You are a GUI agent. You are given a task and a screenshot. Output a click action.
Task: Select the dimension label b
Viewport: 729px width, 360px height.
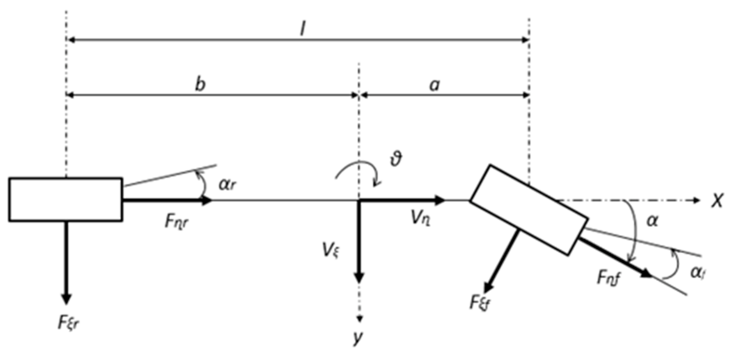pyautogui.click(x=200, y=84)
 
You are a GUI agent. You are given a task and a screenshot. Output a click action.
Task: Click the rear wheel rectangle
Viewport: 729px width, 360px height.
pyautogui.click(x=65, y=199)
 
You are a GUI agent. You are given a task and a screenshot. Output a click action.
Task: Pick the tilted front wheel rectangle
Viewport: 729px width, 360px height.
pyautogui.click(x=528, y=210)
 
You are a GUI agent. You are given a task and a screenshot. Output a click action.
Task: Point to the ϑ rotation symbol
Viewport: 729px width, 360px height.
pyautogui.click(x=396, y=159)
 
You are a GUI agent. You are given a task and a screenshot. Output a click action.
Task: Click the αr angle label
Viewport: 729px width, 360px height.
pyautogui.click(x=227, y=184)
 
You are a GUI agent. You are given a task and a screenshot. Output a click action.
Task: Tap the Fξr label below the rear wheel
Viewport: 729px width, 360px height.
pyautogui.click(x=69, y=323)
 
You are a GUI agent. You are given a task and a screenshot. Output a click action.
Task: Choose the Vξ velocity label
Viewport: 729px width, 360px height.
pyautogui.click(x=331, y=250)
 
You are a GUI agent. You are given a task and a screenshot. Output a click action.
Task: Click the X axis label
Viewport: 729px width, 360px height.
pyautogui.click(x=717, y=200)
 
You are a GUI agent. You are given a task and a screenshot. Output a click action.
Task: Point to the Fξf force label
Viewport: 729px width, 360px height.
pyautogui.click(x=480, y=302)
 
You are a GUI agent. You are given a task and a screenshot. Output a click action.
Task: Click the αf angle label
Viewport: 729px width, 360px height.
pyautogui.click(x=697, y=273)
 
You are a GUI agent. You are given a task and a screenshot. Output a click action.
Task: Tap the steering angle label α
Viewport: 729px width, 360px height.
pyautogui.click(x=652, y=221)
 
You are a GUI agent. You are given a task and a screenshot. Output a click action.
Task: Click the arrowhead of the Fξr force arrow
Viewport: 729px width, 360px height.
pyautogui.click(x=66, y=299)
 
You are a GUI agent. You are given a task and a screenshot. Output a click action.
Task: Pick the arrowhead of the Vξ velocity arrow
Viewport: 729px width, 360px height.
pyautogui.click(x=359, y=278)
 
